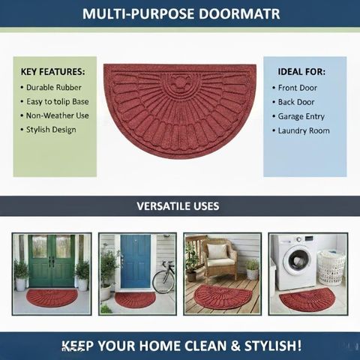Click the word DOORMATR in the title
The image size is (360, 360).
(239, 14)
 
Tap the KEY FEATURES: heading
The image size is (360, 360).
(52, 72)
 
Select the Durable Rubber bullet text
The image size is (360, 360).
(54, 88)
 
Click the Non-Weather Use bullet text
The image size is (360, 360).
(58, 115)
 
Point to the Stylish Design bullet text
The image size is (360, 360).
(51, 130)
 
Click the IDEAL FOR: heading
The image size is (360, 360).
(301, 72)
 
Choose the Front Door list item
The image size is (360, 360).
(298, 88)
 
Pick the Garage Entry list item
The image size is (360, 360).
(301, 116)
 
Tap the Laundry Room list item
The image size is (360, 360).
(304, 130)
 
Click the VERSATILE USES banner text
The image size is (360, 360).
(178, 206)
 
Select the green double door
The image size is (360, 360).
(52, 260)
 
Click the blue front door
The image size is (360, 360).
(136, 262)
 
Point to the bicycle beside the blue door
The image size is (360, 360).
(163, 277)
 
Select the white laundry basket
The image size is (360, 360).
(331, 268)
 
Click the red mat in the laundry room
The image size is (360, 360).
(307, 299)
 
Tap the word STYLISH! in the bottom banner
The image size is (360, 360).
(273, 346)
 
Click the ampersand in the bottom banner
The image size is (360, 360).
(235, 346)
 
